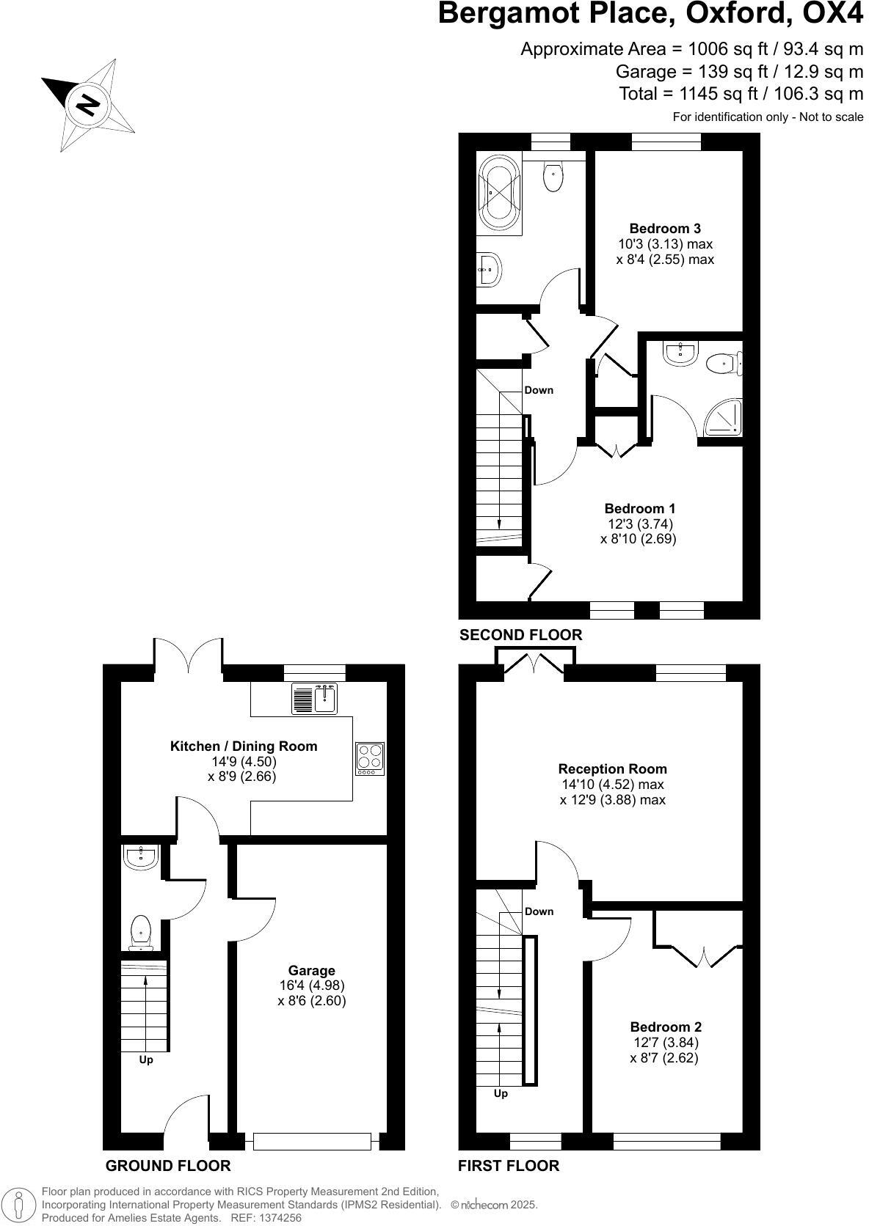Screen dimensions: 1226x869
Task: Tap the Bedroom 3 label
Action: [x=660, y=229]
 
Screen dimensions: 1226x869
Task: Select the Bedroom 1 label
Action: [x=639, y=508]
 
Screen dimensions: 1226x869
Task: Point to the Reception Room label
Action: [x=613, y=768]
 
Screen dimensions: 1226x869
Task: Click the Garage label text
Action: [x=311, y=970]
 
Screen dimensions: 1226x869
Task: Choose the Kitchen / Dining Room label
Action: [x=244, y=746]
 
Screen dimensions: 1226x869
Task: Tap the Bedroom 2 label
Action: [x=666, y=1027]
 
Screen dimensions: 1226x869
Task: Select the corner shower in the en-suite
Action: [x=722, y=419]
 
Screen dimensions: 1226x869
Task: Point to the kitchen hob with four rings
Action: [x=370, y=759]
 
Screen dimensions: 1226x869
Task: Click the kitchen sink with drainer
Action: [x=314, y=698]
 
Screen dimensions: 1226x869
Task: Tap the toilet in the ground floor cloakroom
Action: [x=140, y=932]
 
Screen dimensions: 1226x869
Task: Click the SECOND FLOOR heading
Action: [x=520, y=635]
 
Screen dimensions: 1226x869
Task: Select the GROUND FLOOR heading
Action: [x=168, y=1166]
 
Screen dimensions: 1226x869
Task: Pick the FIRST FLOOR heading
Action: [x=509, y=1166]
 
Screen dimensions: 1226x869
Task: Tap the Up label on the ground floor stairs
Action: [x=146, y=1060]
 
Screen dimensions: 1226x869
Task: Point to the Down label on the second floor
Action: [x=539, y=390]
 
